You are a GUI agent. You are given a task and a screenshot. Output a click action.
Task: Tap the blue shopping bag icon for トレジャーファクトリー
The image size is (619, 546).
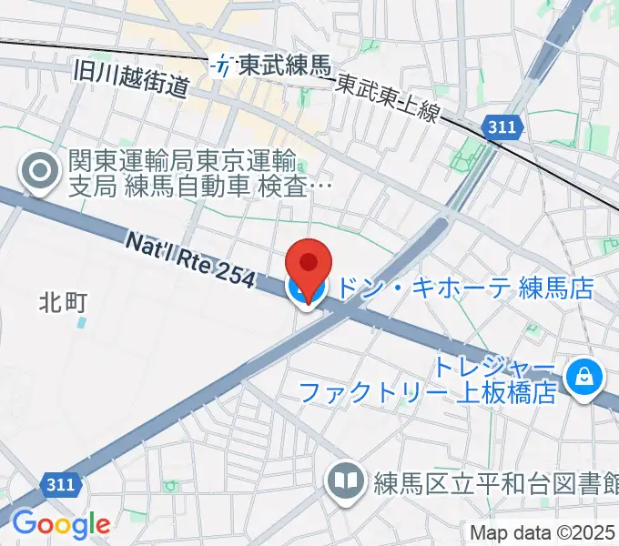click(x=579, y=375)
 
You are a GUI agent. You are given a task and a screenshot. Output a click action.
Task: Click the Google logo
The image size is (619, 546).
click(x=60, y=524)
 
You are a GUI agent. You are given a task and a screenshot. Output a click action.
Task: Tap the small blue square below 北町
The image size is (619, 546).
click(x=83, y=322)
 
